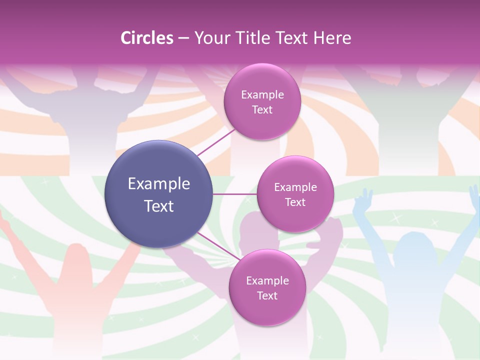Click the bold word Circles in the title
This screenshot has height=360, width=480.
pyautogui.click(x=147, y=38)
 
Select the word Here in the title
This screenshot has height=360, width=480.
pyautogui.click(x=332, y=38)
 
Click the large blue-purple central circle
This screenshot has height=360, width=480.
pyautogui.click(x=159, y=194)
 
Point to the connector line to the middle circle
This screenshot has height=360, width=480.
pyautogui.click(x=234, y=194)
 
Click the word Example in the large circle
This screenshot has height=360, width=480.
pyautogui.click(x=159, y=184)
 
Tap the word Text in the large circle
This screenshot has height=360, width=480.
pyautogui.click(x=159, y=206)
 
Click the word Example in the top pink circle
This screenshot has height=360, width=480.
pyautogui.click(x=262, y=95)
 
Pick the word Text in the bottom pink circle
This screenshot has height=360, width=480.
pyautogui.click(x=267, y=296)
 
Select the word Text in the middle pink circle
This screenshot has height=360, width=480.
pyautogui.click(x=295, y=202)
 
